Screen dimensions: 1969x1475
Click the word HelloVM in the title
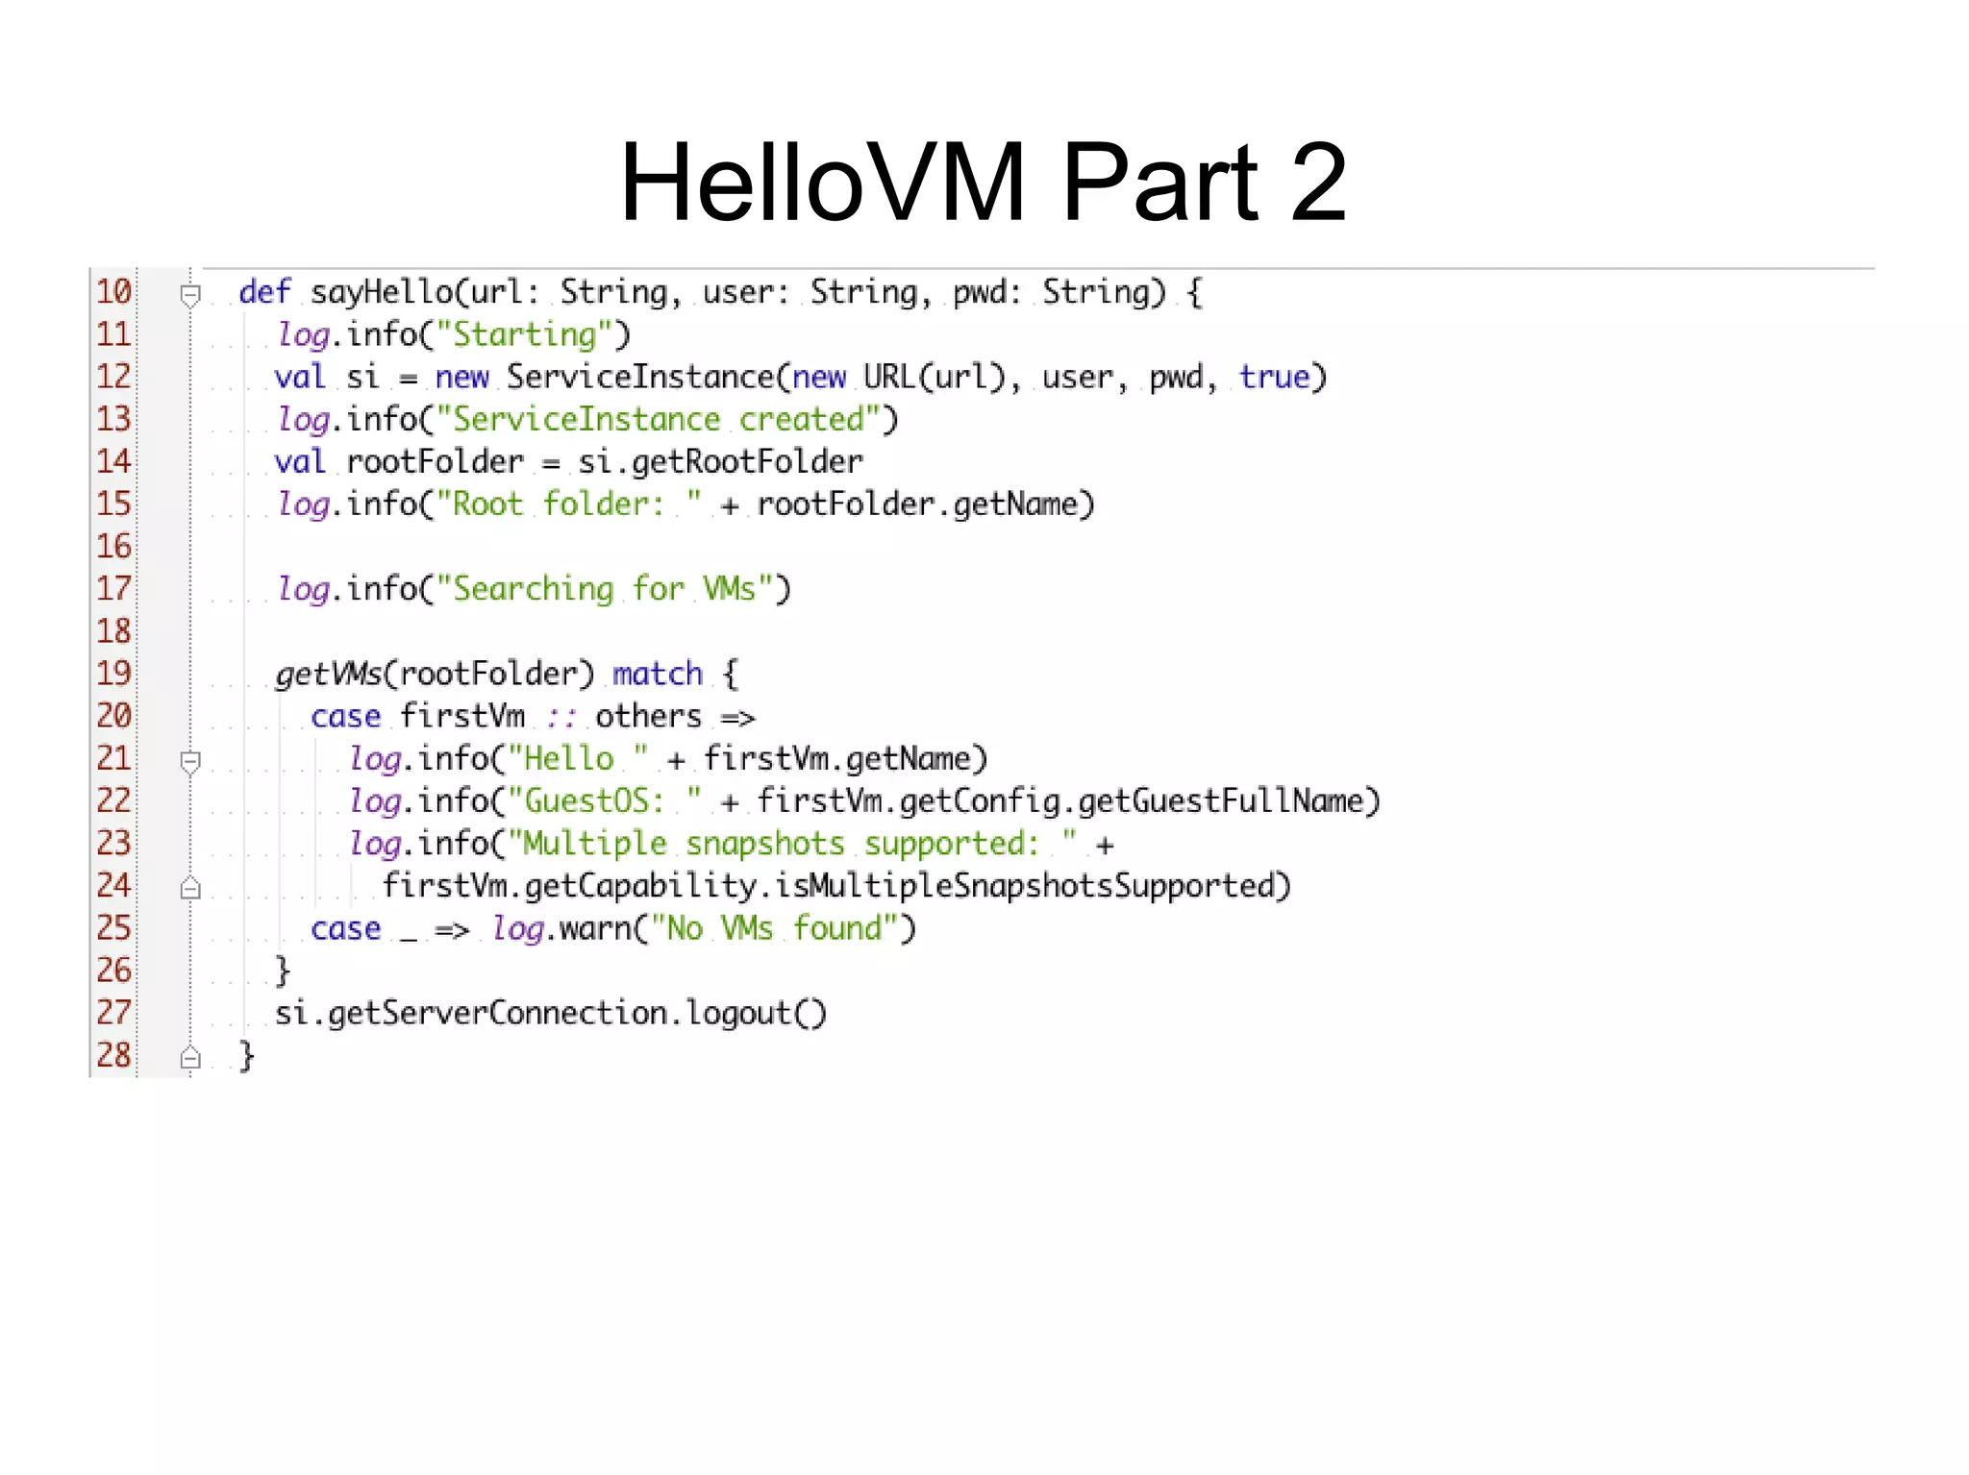823,183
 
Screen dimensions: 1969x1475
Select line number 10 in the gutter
113,291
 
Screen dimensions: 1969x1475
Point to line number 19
113,673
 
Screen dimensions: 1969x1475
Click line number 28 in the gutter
113,1054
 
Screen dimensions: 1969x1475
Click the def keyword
263,291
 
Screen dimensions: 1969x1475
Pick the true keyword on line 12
1274,377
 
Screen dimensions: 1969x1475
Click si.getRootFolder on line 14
720,462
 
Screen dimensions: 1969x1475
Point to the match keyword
658,674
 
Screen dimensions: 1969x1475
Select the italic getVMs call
329,674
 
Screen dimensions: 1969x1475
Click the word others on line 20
648,716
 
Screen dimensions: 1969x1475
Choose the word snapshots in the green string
764,844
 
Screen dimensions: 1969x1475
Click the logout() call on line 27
756,1013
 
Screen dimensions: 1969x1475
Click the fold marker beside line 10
190,294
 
